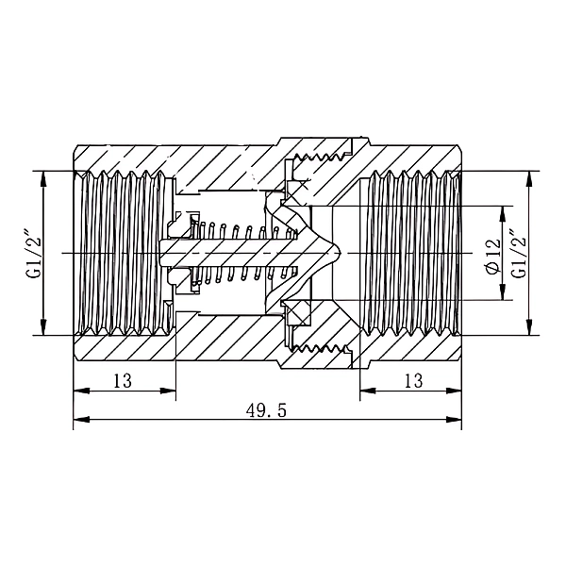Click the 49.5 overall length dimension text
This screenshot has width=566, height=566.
point(266,410)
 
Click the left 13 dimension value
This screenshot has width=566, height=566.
point(123,381)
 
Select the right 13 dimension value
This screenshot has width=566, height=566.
point(414,381)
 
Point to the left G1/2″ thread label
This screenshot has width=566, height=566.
point(33,253)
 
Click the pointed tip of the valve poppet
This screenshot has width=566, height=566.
point(341,253)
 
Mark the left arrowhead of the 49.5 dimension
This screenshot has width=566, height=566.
point(81,420)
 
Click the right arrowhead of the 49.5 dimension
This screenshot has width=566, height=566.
point(454,420)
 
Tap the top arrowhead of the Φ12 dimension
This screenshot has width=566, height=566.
point(502,214)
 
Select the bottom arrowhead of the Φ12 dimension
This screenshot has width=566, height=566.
point(502,292)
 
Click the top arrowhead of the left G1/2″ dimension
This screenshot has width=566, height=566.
point(43,179)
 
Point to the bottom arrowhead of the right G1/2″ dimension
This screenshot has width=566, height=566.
point(529,327)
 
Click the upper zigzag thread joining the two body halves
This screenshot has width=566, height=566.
point(319,157)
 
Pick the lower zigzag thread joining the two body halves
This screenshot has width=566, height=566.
point(319,349)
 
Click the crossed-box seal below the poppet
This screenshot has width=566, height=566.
point(297,310)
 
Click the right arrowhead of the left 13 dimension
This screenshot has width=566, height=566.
point(168,391)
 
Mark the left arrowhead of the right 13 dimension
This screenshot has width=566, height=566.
point(368,391)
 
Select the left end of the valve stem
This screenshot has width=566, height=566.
point(159,253)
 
